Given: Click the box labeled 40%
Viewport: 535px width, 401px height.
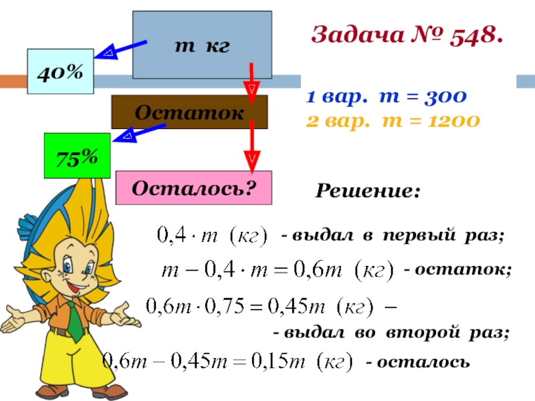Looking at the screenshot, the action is click(x=60, y=71).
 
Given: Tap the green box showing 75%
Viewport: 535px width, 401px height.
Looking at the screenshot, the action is click(x=76, y=156).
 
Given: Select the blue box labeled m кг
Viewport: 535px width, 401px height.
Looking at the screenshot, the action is click(x=202, y=45).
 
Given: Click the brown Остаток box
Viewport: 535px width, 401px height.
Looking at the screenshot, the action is click(x=189, y=112).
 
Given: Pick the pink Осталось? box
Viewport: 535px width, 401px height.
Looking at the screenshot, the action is click(x=194, y=188).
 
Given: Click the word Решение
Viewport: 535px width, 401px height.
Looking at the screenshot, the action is click(x=368, y=192).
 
